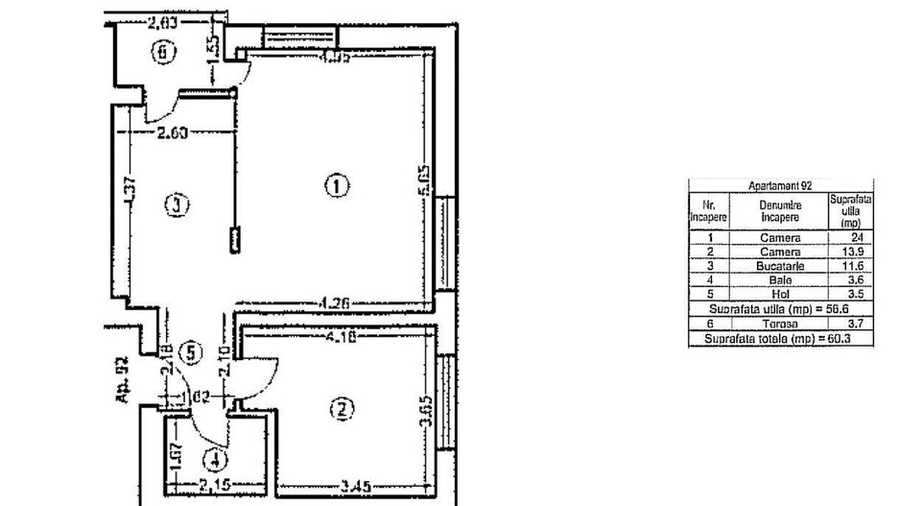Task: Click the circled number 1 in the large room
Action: [335, 185]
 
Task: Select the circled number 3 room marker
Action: [174, 205]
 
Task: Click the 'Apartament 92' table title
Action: [779, 187]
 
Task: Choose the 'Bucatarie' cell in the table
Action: [779, 264]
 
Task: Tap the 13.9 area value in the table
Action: [851, 251]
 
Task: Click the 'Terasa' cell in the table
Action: [779, 325]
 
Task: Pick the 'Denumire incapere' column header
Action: [779, 211]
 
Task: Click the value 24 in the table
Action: [851, 237]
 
